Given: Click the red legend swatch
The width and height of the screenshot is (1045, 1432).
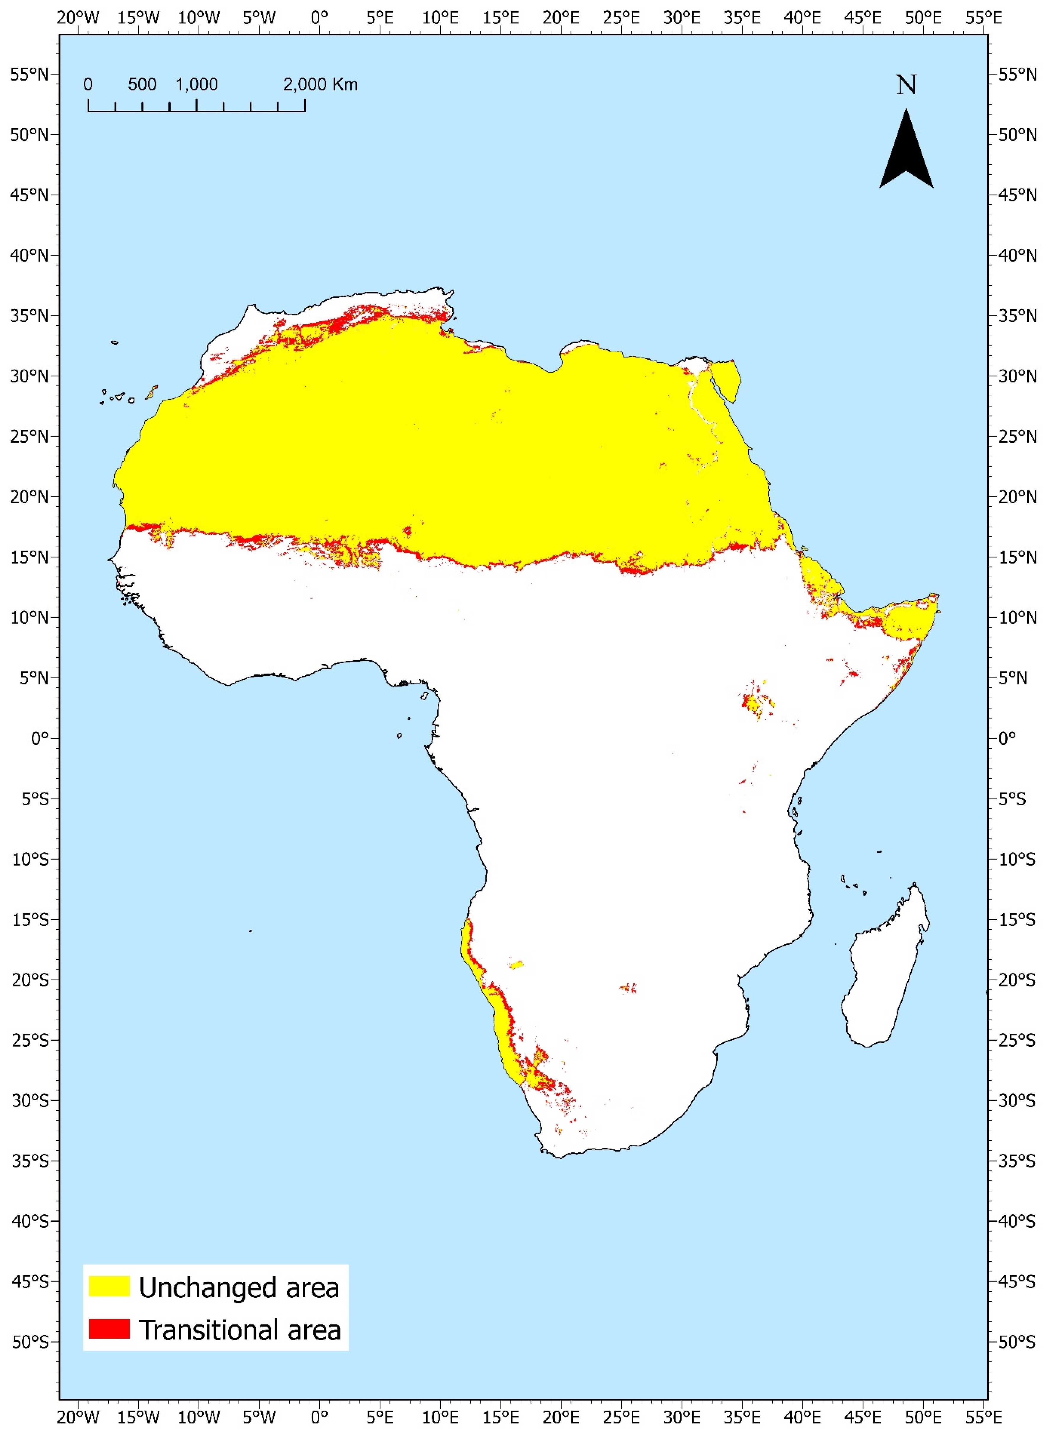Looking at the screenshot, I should (x=109, y=1328).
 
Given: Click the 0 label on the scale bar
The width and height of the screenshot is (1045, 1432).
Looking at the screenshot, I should (x=88, y=84).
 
